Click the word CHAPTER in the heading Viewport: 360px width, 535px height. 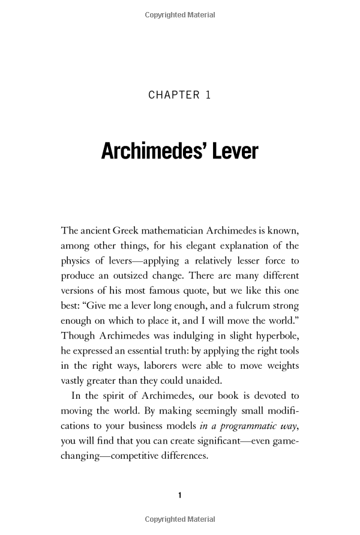pyautogui.click(x=174, y=95)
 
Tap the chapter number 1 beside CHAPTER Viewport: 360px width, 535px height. pyautogui.click(x=208, y=95)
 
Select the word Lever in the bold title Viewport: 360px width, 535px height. pyautogui.click(x=231, y=151)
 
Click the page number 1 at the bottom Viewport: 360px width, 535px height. pyautogui.click(x=180, y=495)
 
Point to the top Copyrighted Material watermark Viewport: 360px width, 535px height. pyautogui.click(x=180, y=15)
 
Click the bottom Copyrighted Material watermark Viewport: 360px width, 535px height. pyautogui.click(x=180, y=519)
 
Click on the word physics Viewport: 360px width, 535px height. pyautogui.click(x=76, y=262)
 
